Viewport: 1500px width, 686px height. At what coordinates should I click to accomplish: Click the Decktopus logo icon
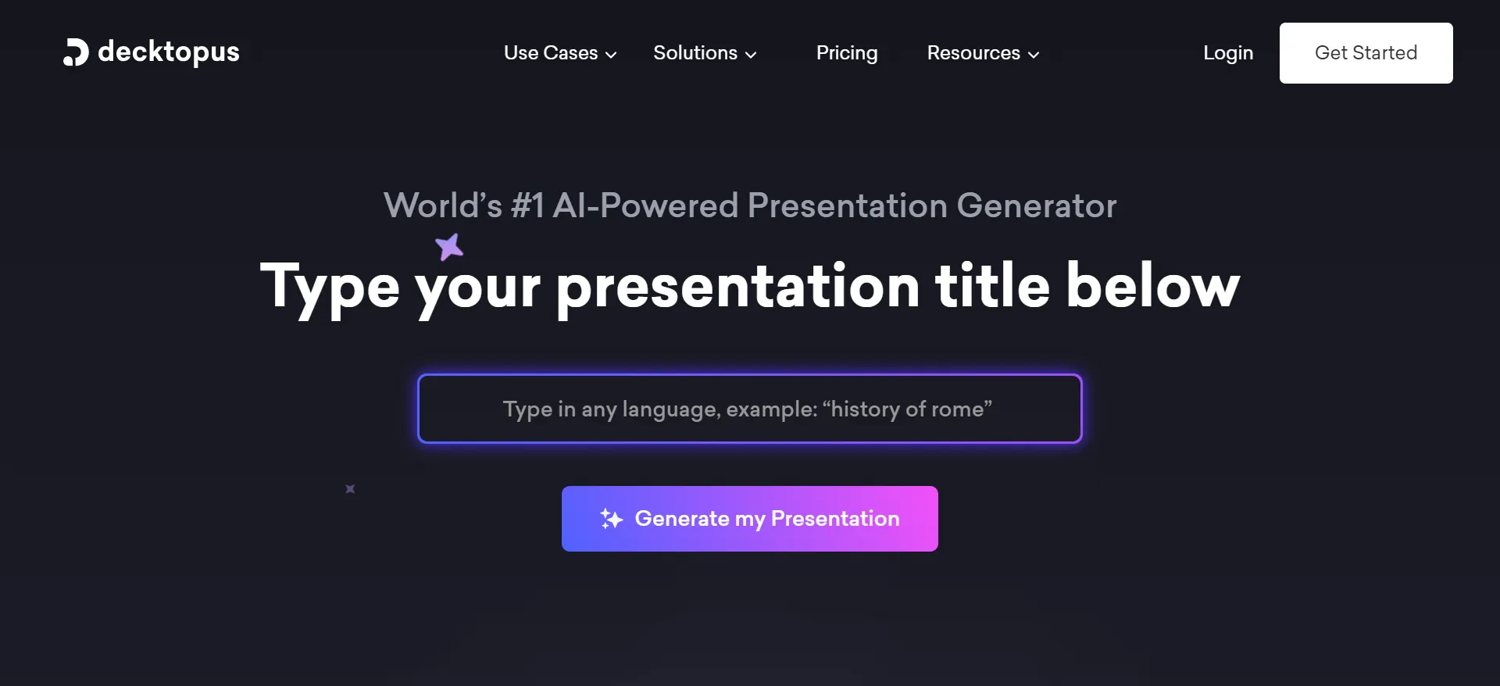point(76,52)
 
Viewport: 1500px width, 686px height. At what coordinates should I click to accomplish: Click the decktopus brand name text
point(169,52)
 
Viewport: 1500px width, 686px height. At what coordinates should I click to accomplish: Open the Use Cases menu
point(551,53)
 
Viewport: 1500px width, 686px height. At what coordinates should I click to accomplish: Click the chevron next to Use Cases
point(611,55)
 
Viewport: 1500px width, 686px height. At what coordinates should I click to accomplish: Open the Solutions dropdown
point(695,53)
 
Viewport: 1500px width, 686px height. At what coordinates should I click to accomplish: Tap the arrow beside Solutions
point(751,55)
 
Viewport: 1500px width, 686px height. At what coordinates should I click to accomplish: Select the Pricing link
point(847,53)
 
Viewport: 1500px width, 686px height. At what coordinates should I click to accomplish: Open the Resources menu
point(973,53)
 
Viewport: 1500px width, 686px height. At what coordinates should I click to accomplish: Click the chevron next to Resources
point(1034,55)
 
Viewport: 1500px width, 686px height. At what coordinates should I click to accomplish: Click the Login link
point(1228,53)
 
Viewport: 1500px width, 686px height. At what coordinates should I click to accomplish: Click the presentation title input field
point(749,409)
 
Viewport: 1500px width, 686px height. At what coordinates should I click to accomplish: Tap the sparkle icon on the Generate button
point(611,519)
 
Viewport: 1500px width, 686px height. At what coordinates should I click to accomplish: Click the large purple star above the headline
point(449,247)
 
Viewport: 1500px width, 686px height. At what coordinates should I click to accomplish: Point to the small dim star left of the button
point(350,489)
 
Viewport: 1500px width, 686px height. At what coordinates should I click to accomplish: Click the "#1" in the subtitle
point(527,206)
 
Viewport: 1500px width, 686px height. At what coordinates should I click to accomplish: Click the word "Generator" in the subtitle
point(1036,206)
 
